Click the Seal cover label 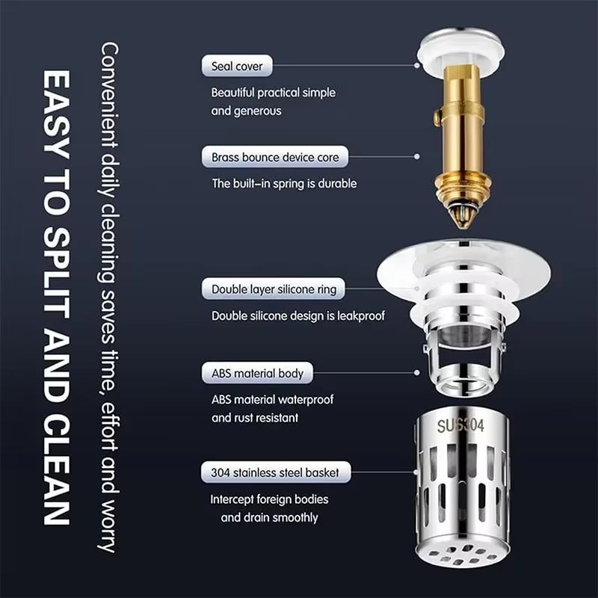[x=237, y=66]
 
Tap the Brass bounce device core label [x=274, y=157]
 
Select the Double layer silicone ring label [x=274, y=289]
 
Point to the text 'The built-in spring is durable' [x=284, y=183]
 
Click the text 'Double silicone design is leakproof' [x=298, y=315]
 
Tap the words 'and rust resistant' [x=255, y=418]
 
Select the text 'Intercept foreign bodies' [x=269, y=499]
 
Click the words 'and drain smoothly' [x=269, y=517]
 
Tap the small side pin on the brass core [x=434, y=118]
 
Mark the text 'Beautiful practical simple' [x=273, y=93]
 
